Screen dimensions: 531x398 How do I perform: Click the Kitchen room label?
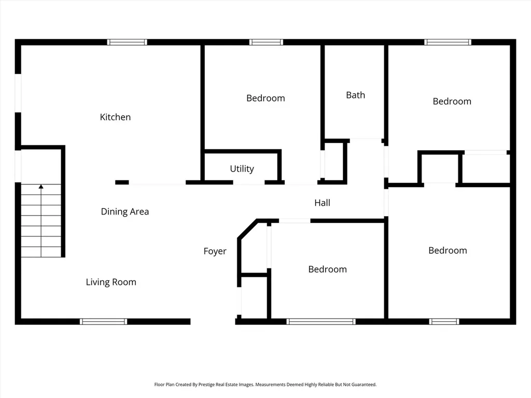point(115,117)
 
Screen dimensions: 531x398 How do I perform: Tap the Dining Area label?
point(125,211)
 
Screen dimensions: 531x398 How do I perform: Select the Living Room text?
point(111,282)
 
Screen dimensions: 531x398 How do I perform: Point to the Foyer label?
point(215,251)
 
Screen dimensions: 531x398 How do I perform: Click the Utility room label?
point(242,168)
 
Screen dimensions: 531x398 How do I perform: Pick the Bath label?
point(356,95)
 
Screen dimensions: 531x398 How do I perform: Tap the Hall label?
point(322,203)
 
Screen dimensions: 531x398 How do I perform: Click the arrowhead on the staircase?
point(41,187)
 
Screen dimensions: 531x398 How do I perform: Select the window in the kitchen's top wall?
point(127,42)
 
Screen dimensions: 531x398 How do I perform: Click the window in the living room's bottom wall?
point(103,321)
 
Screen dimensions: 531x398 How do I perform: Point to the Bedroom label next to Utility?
point(265,98)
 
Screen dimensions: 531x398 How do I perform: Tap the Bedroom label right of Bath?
point(452,101)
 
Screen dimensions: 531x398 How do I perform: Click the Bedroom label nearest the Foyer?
point(328,269)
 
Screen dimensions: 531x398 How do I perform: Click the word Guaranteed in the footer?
point(364,385)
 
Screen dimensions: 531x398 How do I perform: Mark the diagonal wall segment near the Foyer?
point(247,230)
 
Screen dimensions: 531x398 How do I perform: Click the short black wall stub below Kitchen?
point(122,182)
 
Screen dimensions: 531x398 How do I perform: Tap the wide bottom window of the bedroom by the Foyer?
point(320,321)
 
